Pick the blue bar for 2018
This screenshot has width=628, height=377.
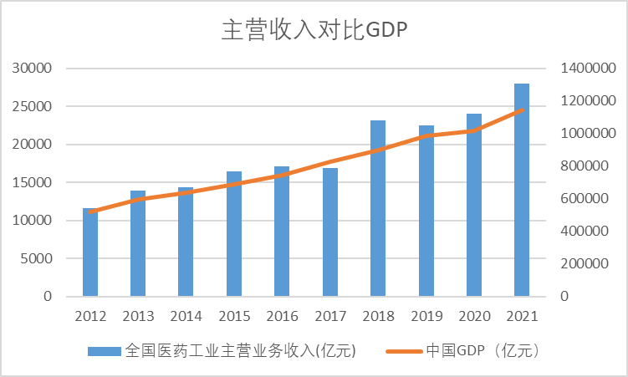(378, 208)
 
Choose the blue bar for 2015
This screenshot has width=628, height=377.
(234, 234)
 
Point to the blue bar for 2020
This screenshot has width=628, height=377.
(474, 205)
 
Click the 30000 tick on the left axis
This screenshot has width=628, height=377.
(34, 69)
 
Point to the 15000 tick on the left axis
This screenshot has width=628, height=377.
(34, 182)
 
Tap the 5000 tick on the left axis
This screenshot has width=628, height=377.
(38, 258)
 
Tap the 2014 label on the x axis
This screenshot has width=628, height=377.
(186, 317)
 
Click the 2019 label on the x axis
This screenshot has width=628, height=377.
(426, 317)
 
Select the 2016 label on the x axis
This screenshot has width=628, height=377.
(282, 317)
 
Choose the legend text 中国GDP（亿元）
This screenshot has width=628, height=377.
(485, 351)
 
